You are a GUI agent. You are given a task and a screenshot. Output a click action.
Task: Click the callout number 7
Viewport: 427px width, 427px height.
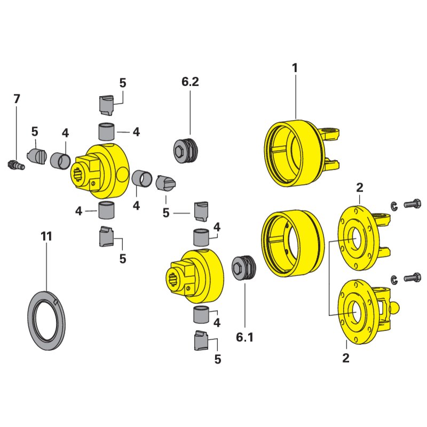[17, 99]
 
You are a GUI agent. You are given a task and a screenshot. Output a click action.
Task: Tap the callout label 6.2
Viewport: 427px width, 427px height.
[190, 82]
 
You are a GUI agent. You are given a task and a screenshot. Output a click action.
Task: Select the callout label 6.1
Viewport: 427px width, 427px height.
[244, 337]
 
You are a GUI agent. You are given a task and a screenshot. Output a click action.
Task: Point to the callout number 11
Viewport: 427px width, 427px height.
[46, 236]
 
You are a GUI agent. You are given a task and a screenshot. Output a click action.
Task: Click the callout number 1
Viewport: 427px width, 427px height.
[295, 68]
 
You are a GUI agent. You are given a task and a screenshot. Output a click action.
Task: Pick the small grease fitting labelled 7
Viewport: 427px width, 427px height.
[15, 165]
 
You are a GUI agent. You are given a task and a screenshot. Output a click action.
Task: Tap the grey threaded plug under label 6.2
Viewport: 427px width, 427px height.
[186, 151]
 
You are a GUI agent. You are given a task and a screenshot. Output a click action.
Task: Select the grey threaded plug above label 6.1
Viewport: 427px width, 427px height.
[244, 268]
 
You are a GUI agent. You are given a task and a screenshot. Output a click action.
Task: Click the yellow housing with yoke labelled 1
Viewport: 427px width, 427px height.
[302, 153]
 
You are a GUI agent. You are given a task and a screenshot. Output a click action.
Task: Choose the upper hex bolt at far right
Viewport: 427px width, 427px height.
[412, 204]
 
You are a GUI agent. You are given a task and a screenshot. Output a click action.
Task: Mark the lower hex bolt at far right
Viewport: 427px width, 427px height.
[412, 278]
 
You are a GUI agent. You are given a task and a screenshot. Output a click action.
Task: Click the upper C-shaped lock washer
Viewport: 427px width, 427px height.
[394, 206]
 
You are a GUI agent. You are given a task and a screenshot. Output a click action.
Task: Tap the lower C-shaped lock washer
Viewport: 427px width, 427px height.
[394, 280]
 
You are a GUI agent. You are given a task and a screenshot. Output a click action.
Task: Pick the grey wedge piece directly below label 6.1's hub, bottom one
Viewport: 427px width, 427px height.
[201, 340]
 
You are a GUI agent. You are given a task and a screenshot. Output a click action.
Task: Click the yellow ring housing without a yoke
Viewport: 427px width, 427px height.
[292, 243]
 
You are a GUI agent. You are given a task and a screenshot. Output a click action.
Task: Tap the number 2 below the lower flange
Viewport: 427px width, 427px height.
[345, 358]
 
